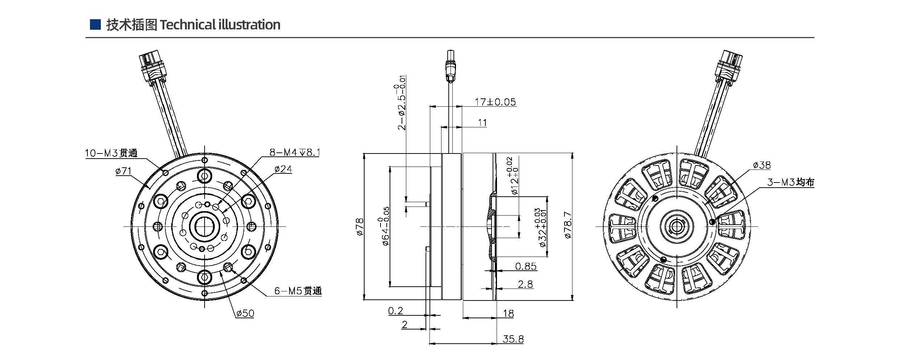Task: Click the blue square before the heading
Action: click(x=95, y=24)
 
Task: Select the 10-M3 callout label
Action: click(x=111, y=153)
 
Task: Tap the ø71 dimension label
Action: click(x=123, y=171)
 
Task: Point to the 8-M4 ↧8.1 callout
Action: click(x=295, y=152)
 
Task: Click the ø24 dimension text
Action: click(x=283, y=169)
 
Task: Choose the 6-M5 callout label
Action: click(x=298, y=291)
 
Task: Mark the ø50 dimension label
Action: click(x=245, y=313)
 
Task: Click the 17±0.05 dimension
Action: click(x=495, y=102)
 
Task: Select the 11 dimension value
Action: click(x=482, y=123)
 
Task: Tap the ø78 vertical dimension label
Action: click(x=359, y=226)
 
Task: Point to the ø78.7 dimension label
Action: click(x=568, y=225)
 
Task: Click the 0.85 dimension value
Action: click(x=526, y=266)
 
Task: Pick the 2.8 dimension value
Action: click(x=525, y=284)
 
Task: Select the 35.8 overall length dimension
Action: click(x=513, y=339)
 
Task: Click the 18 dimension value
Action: click(x=509, y=314)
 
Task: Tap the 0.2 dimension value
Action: click(x=395, y=311)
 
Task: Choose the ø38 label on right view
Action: click(x=762, y=165)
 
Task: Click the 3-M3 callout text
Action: click(x=790, y=182)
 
